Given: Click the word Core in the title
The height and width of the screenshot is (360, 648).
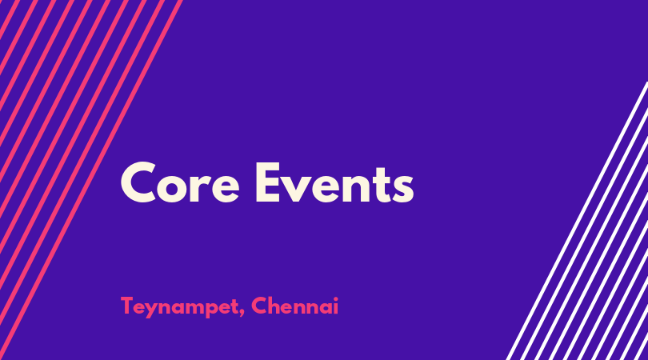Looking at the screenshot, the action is (180, 182).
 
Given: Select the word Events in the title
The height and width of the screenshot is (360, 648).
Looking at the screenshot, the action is (334, 182).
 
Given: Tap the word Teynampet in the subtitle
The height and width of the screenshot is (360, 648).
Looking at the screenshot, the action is (179, 307).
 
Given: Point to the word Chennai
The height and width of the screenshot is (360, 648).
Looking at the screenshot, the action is (294, 306).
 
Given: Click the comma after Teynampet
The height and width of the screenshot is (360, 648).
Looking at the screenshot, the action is (242, 314).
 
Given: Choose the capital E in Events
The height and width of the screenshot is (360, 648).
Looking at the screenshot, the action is (269, 182).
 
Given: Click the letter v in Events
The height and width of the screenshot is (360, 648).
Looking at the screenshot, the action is (298, 189).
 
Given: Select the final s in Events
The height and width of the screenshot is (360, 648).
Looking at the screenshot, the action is (402, 189).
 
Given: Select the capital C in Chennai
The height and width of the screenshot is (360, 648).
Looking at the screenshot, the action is (259, 306).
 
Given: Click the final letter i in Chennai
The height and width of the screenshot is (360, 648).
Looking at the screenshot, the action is (335, 306).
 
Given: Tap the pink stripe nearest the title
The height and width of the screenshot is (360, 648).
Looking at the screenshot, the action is (90, 180).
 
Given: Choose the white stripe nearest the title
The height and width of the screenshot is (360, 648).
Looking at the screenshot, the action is (577, 221).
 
